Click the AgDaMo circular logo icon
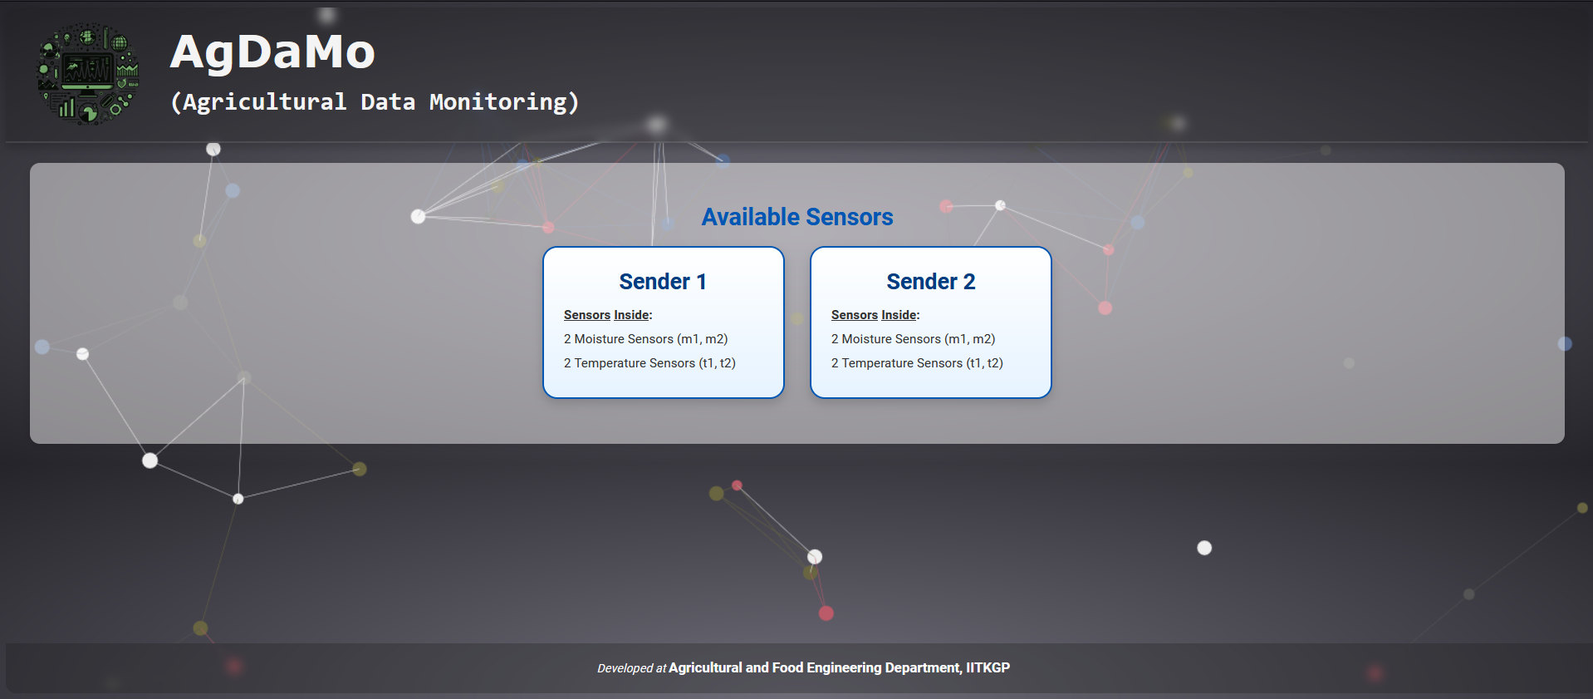pyautogui.click(x=88, y=74)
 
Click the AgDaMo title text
pyautogui.click(x=272, y=52)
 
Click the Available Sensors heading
pyautogui.click(x=797, y=217)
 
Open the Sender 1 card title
pyautogui.click(x=663, y=282)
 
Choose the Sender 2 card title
pyautogui.click(x=931, y=282)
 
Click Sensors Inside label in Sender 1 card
pyautogui.click(x=608, y=315)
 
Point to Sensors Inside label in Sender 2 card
pyautogui.click(x=875, y=315)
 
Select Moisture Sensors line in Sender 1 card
pyautogui.click(x=646, y=339)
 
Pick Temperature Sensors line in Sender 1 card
pyautogui.click(x=649, y=363)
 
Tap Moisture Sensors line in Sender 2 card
pyautogui.click(x=914, y=339)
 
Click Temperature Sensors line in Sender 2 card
pyautogui.click(x=917, y=363)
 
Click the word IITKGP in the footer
pyautogui.click(x=988, y=667)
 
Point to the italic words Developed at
pyautogui.click(x=631, y=668)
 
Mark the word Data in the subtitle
pyautogui.click(x=388, y=102)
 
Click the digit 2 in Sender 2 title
pyautogui.click(x=969, y=282)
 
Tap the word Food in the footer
pyautogui.click(x=787, y=667)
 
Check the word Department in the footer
pyautogui.click(x=924, y=668)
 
